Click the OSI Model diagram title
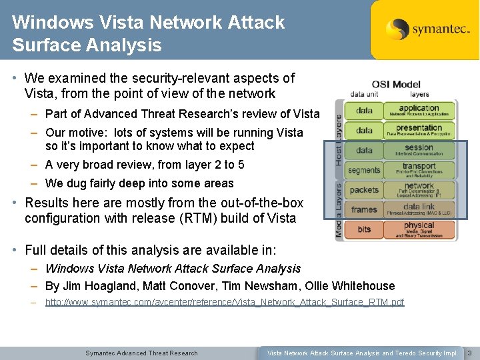coord(396,84)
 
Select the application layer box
coord(419,111)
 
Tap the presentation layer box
coord(419,131)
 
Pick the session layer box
coord(419,150)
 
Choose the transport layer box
coord(419,170)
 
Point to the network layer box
coord(419,190)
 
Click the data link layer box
coord(419,210)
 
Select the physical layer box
coord(419,229)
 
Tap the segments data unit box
coord(364,170)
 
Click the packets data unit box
coord(364,190)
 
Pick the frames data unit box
coord(364,210)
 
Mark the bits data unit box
coord(364,229)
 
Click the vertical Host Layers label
coord(339,140)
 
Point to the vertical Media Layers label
coord(339,209)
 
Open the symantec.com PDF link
coord(224,303)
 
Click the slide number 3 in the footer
coord(469,353)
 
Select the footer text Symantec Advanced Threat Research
coord(141,353)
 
